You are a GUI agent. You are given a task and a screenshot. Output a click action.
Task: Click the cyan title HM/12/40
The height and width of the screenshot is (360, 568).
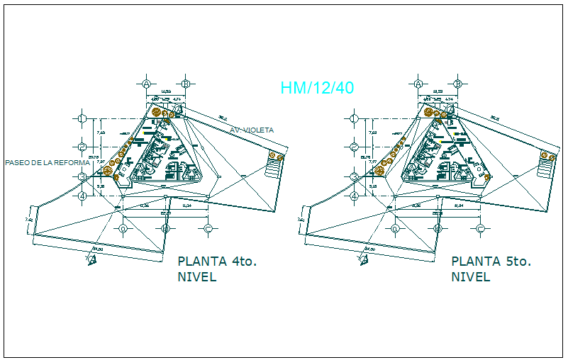pos(317,88)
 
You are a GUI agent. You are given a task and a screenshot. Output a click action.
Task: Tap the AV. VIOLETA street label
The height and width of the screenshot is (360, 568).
pos(251,130)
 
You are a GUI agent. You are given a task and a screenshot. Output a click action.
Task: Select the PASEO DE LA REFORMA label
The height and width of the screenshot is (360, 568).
pos(46,162)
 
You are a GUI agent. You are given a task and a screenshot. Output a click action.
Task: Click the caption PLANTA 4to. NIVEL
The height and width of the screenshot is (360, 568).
pos(216,269)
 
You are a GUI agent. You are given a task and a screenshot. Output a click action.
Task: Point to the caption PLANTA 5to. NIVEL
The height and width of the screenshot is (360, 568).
pos(491,269)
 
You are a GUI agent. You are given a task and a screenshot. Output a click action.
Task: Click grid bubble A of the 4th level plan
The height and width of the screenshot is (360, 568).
pos(147,84)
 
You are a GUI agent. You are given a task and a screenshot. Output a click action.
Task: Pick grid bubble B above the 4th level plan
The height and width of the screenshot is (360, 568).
pos(185,84)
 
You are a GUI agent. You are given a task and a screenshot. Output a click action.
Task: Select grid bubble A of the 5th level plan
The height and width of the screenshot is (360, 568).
pos(419,84)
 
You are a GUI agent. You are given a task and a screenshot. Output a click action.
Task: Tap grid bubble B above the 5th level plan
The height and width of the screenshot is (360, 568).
pos(457,84)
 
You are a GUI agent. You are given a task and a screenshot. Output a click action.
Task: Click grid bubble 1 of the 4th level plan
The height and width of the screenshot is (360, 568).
pos(82,118)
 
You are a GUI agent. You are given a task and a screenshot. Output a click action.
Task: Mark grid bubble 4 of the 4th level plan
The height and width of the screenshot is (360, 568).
pos(82,195)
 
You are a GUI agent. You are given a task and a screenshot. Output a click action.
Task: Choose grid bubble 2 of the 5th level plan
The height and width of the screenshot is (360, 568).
pos(355,147)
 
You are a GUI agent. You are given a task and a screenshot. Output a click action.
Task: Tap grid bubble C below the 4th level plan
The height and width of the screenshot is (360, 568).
pos(208,228)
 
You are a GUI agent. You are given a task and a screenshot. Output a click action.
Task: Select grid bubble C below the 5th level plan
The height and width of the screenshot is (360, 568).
pos(480,228)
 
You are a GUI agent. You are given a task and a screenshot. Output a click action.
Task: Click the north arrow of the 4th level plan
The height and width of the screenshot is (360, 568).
pos(91,260)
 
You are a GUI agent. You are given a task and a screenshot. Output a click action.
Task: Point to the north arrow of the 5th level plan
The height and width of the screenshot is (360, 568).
pos(364,260)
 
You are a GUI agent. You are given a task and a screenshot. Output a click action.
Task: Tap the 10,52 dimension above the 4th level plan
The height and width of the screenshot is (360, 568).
pos(165,91)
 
